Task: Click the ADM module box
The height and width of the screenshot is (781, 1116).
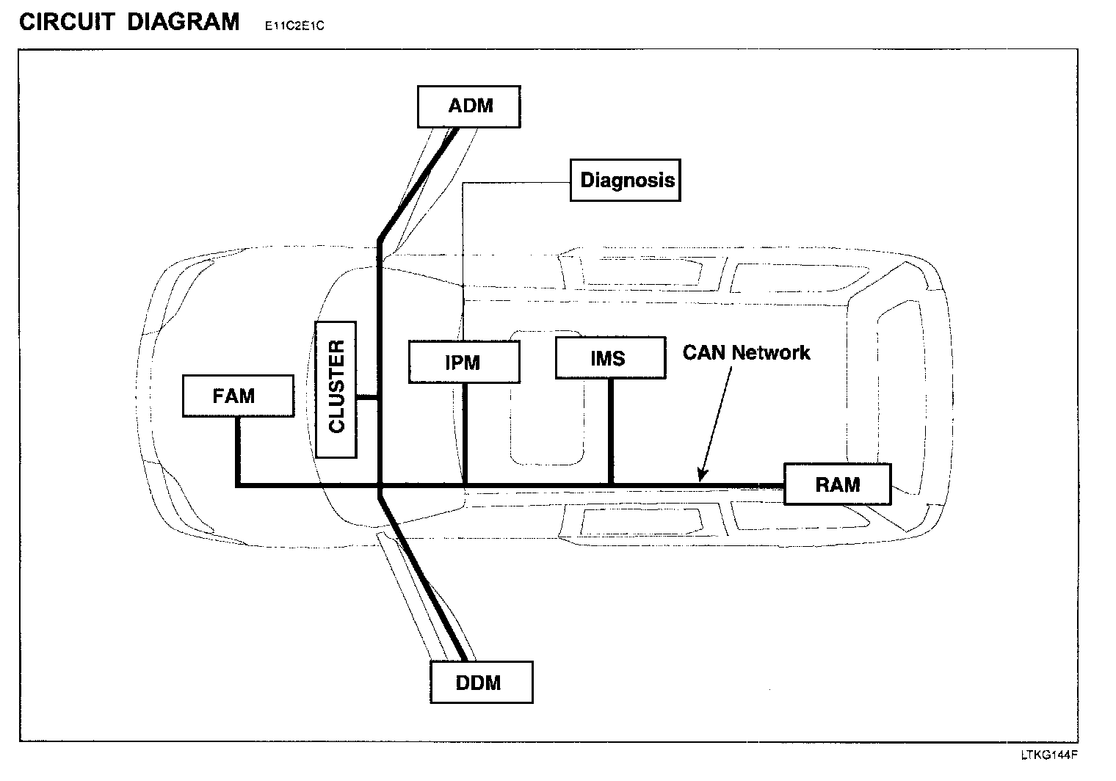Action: [469, 106]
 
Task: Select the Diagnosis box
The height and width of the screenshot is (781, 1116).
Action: [626, 181]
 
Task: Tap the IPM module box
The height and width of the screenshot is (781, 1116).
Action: [463, 361]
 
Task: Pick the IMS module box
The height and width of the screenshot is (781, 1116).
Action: [610, 358]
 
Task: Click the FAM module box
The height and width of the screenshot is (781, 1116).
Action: [237, 396]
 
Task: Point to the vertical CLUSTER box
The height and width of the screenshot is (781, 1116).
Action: [336, 389]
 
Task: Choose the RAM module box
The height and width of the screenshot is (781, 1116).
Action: [837, 484]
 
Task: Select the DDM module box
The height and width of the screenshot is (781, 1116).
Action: [480, 683]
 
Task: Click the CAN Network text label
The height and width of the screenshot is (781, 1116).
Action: [746, 353]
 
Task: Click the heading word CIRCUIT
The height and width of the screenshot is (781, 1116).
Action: [67, 22]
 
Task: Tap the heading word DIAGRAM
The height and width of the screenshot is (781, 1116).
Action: [184, 22]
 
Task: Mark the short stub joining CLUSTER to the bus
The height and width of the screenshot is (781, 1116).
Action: [367, 399]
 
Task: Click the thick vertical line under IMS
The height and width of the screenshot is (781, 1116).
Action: [611, 432]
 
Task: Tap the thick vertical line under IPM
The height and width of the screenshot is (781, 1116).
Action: [465, 433]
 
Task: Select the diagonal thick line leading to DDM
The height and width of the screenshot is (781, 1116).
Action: [423, 580]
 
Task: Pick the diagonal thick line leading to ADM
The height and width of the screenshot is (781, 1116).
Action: [418, 184]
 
